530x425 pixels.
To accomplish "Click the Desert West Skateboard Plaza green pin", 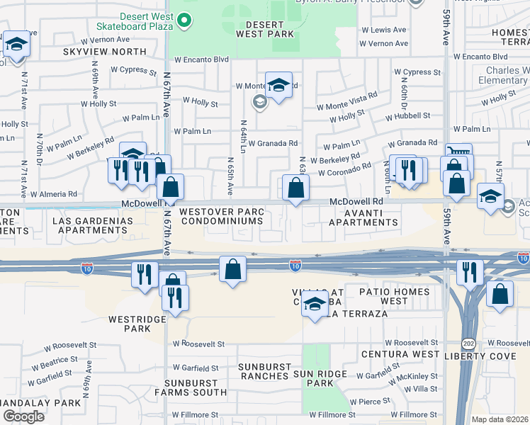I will pos(185,21).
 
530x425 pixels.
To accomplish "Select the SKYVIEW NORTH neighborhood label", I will pos(104,52).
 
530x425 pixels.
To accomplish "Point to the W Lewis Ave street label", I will pos(383,30).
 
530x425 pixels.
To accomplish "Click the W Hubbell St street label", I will pos(407,115).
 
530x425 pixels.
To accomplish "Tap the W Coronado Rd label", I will pos(344,171).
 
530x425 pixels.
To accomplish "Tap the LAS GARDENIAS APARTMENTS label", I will pos(93,225).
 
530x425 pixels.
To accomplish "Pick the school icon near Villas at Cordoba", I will pos(315,305).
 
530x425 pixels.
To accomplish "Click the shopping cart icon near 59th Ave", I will pos(459,152).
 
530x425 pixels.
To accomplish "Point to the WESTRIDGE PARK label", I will pos(129,324).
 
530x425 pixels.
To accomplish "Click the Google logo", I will pos(23,416).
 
